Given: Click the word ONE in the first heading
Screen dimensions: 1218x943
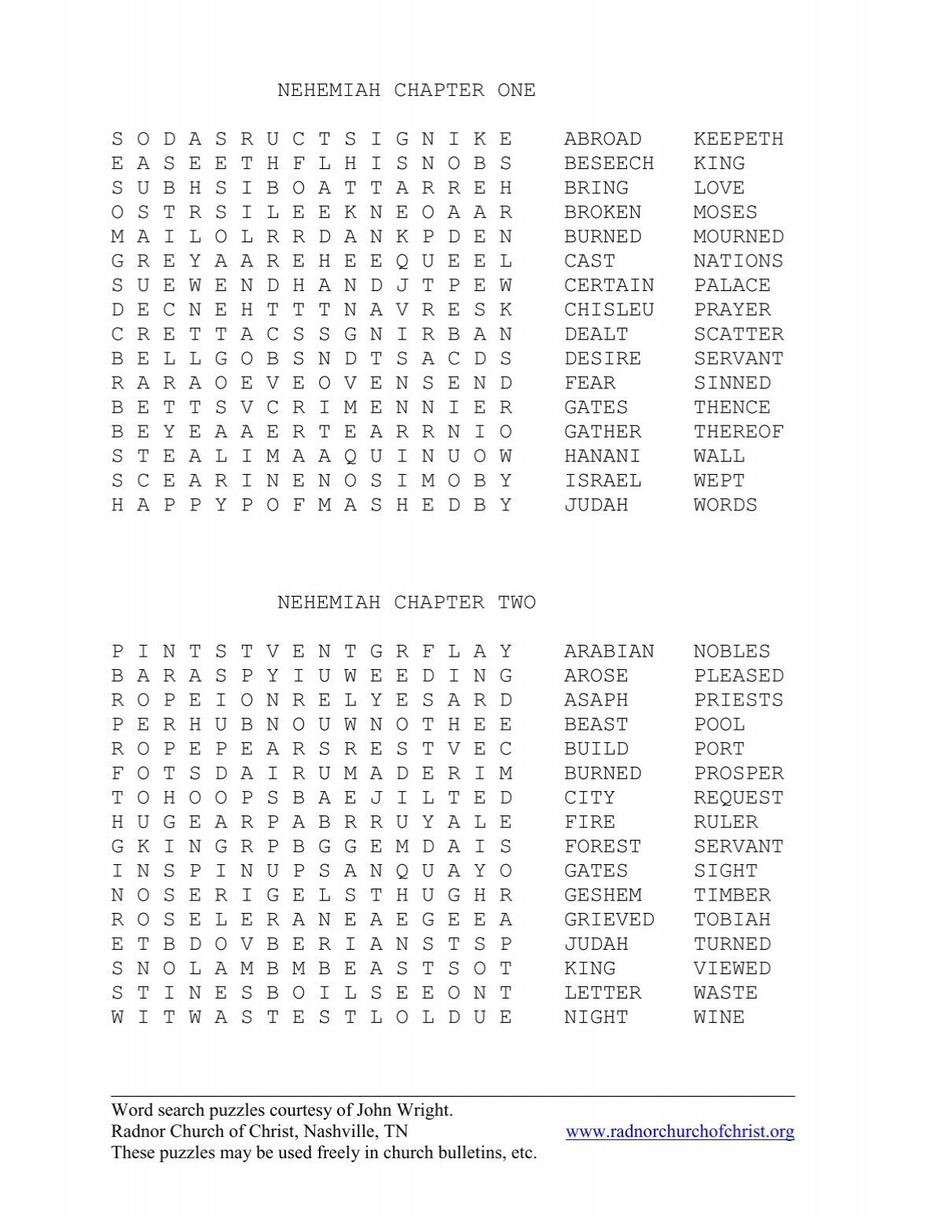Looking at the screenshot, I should (x=516, y=90).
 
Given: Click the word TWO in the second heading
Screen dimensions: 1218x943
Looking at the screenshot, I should (x=516, y=603).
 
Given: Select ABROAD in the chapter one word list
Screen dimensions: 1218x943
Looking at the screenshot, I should (x=602, y=139).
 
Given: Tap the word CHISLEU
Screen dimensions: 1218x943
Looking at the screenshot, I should (x=608, y=310).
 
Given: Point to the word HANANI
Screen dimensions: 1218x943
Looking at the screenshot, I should (x=602, y=456).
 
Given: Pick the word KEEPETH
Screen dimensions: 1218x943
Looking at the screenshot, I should (x=738, y=139).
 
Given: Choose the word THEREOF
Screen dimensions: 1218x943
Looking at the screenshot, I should (x=738, y=432).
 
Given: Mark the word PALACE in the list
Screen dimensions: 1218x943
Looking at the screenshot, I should (x=732, y=285).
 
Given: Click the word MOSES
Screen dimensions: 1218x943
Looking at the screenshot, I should (x=725, y=212).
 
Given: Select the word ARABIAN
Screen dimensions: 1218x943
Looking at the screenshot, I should (x=608, y=652).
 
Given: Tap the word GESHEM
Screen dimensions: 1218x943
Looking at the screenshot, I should (x=602, y=896).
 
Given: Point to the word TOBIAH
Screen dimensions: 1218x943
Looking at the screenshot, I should (x=732, y=920).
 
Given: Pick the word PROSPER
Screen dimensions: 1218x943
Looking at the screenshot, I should (x=738, y=774).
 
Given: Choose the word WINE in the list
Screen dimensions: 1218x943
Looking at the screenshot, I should (x=718, y=1017).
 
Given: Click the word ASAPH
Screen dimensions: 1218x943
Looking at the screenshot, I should (x=596, y=701).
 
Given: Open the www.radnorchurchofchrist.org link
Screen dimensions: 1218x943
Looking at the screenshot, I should (x=680, y=1132).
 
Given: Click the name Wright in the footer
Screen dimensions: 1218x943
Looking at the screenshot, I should (x=425, y=1111).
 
